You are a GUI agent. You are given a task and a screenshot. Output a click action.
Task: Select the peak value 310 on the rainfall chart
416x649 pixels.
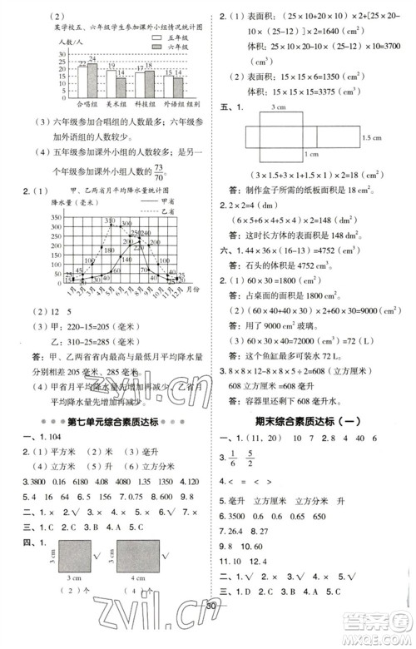pos(109,220)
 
